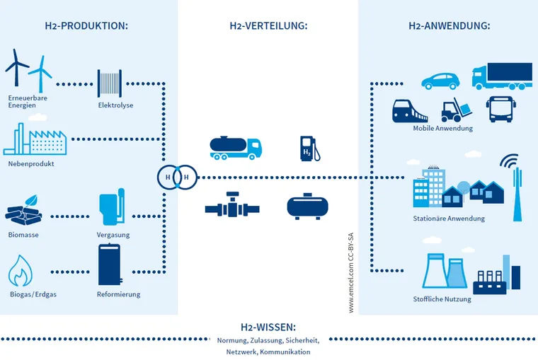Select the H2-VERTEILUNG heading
coord(268,26)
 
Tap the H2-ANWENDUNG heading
coord(449,26)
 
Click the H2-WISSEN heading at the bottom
coord(268,327)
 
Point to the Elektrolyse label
coord(115,105)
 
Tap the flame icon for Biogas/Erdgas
coord(22,272)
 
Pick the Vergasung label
coord(113,235)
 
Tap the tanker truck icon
coord(236,146)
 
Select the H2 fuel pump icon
coord(310,148)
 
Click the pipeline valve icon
coord(230,207)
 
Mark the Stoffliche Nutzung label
coord(442,299)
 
